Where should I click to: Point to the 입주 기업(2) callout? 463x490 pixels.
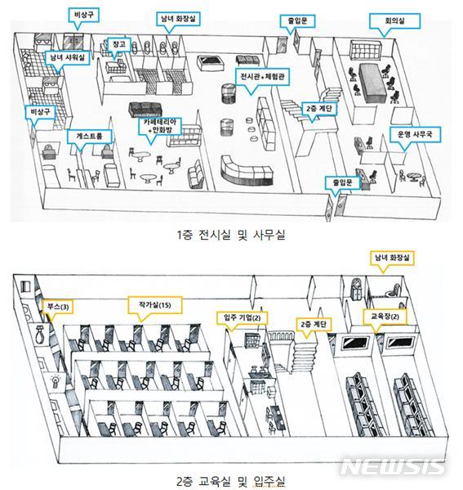click(243, 317)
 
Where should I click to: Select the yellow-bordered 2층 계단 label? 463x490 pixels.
click(313, 324)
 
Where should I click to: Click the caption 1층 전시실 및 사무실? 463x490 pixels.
click(230, 236)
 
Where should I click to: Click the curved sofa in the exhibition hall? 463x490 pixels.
click(242, 168)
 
